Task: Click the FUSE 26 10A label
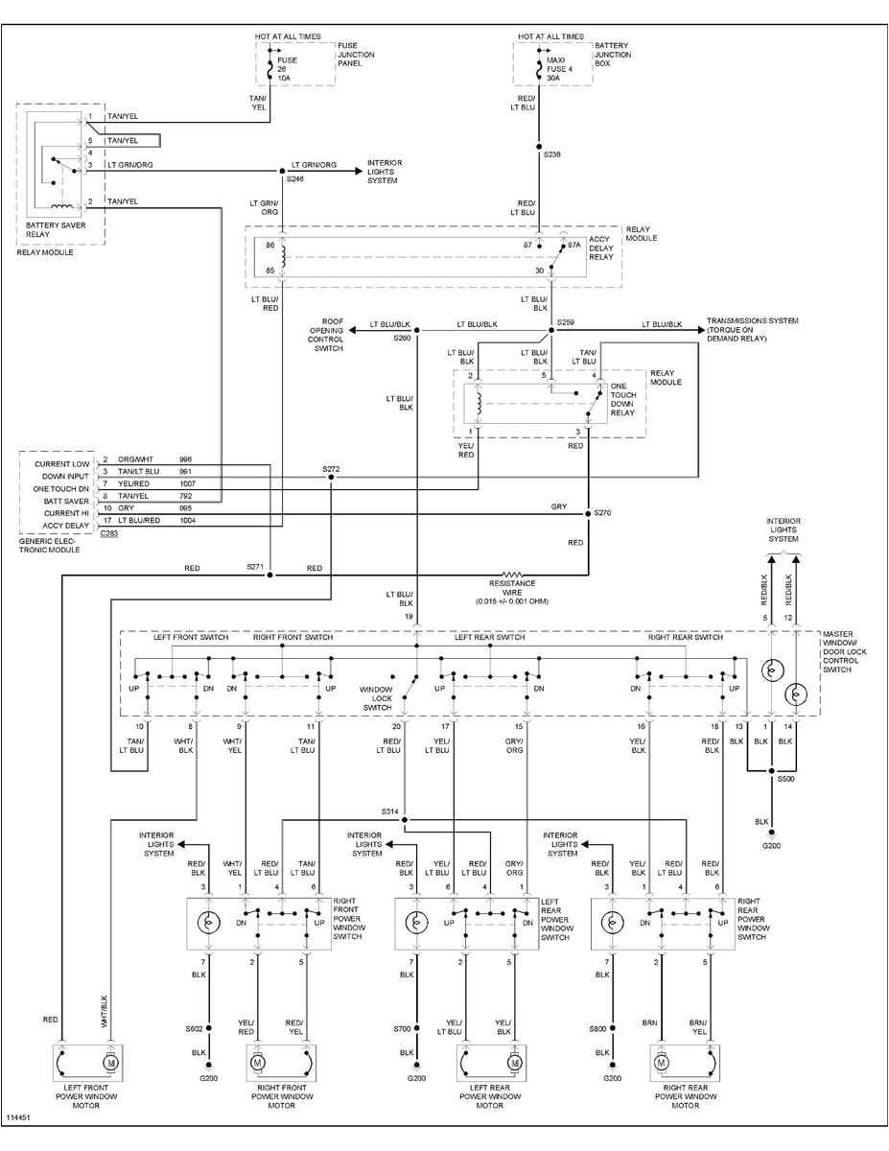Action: point(288,68)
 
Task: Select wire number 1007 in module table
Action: point(186,487)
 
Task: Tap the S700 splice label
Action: point(402,1028)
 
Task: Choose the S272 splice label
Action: point(331,469)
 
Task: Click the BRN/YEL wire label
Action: point(701,1028)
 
